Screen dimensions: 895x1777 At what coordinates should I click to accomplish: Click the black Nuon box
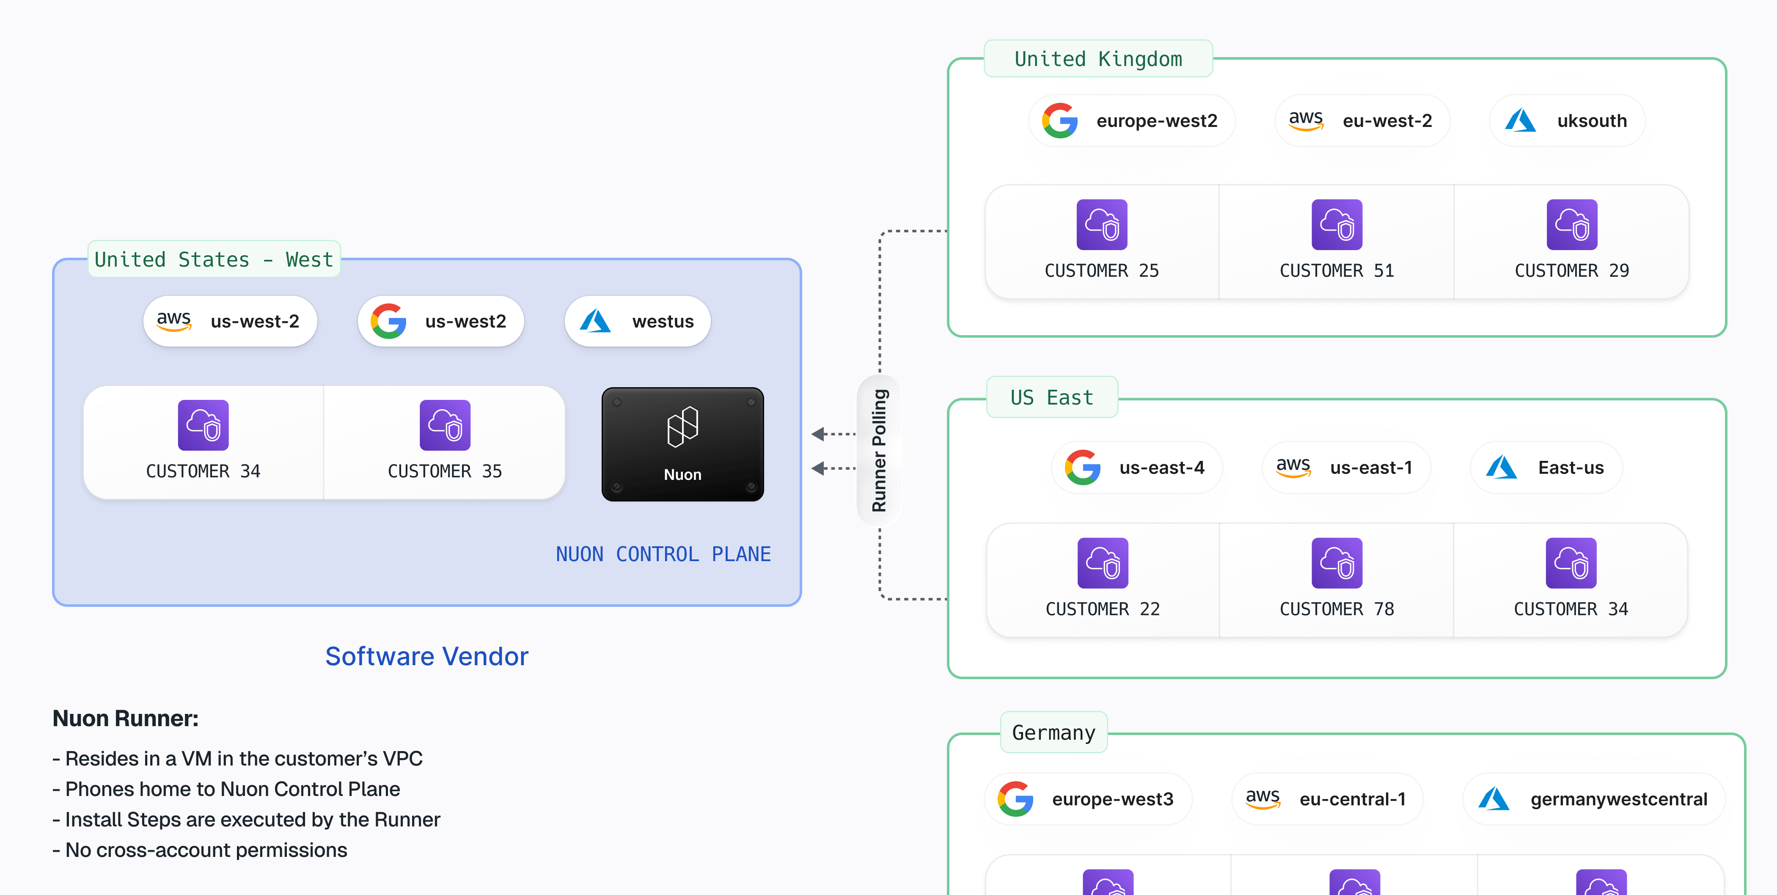682,444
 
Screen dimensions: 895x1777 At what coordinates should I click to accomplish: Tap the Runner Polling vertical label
879,451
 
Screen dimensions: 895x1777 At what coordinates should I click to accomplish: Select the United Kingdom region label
1098,59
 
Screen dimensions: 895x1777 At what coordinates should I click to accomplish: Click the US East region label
1051,397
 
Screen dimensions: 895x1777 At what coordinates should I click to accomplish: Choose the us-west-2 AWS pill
230,322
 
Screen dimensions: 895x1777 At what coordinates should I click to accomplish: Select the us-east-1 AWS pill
1346,468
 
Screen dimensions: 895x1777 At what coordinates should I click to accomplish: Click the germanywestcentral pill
1593,799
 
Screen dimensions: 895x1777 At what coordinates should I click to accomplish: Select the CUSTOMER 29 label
1571,270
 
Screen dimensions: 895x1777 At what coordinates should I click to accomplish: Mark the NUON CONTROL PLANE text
663,554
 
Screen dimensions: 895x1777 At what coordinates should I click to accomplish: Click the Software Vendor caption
426,656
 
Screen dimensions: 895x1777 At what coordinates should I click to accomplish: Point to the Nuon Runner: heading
126,719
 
